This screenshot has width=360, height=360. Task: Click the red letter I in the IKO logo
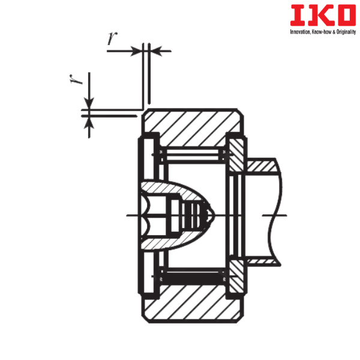(298, 15)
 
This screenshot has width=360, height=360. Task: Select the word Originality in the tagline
(346, 32)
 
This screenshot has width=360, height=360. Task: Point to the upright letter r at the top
(112, 38)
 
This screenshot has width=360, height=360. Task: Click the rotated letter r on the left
(76, 79)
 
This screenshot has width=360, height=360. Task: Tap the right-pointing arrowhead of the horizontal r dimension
(136, 51)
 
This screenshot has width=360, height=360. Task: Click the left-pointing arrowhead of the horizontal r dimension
(156, 51)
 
